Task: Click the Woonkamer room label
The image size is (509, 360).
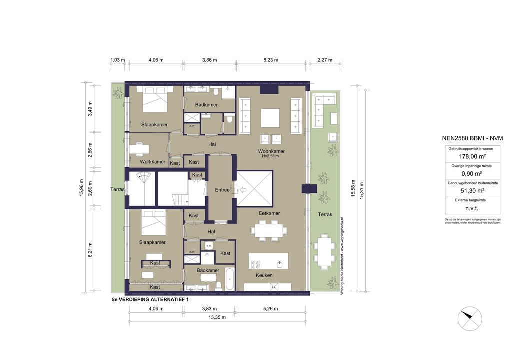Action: pos(271,151)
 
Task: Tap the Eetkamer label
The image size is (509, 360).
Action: pos(269,213)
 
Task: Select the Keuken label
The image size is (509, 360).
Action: pos(264,275)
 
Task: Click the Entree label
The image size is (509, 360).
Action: pos(222,190)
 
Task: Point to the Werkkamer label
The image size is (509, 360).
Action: pos(152,162)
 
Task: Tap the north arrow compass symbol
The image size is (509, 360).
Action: pos(470,316)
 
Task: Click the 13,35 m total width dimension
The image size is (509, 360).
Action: pos(217,317)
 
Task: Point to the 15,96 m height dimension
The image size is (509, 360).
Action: pos(81,188)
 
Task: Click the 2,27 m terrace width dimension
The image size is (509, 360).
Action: pos(325,60)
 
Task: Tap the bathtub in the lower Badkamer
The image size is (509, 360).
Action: pos(229,278)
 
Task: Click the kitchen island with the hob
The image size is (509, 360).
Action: pos(269,261)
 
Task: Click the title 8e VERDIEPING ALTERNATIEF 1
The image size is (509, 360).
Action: pos(151,299)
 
